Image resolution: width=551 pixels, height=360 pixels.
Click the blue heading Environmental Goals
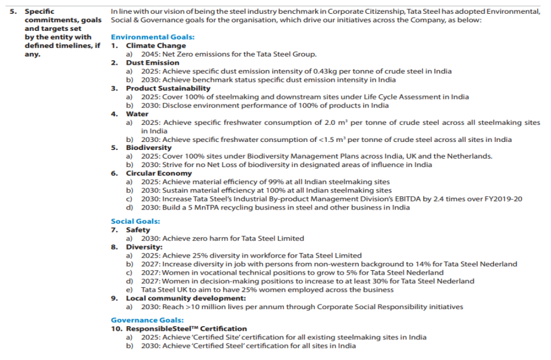(152, 37)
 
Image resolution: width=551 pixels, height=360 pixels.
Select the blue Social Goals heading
(136, 221)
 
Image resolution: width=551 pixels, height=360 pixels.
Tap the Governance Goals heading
(147, 321)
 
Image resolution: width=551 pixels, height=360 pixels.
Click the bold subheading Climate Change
(156, 46)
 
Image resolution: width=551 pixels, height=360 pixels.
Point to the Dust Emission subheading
(152, 63)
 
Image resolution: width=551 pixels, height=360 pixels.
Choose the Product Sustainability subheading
(168, 88)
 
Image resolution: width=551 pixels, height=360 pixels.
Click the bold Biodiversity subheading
(149, 148)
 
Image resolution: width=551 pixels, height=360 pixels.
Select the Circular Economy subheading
(159, 173)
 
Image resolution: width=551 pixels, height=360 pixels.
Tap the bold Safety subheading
(138, 230)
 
